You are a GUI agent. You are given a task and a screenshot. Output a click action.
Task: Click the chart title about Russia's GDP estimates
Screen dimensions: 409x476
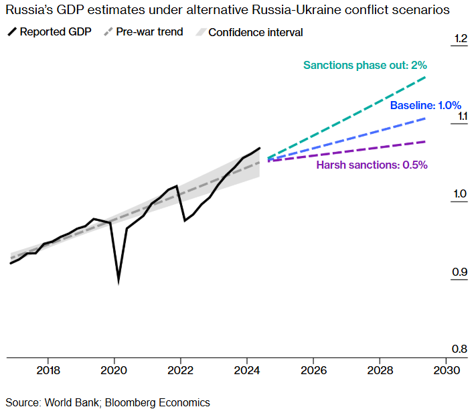pos(227,11)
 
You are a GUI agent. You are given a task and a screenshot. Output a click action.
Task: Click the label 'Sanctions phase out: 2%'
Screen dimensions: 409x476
pos(365,66)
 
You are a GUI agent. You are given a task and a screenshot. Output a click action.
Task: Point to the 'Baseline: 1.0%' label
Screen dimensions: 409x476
pos(426,105)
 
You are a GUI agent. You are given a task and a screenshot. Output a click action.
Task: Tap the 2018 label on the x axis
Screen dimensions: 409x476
pos(48,370)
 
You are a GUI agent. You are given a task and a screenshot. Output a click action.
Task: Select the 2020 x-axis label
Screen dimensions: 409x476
pos(114,370)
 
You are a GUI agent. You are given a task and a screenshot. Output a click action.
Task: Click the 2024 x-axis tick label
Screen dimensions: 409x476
pos(247,370)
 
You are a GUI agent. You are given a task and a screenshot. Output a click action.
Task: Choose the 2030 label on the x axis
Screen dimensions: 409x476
pos(447,370)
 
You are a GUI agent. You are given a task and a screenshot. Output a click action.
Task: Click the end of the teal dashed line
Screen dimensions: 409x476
pos(426,78)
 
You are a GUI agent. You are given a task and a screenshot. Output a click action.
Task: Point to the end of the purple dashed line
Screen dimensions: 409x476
pos(426,141)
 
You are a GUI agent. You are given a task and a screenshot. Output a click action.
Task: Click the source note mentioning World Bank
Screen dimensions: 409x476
pos(108,402)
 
